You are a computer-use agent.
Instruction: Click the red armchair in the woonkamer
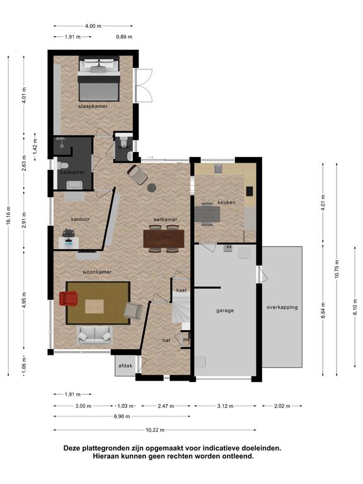coord(69,299)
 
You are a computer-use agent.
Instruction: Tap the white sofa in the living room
coord(95,335)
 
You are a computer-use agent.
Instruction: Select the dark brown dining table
coord(164,239)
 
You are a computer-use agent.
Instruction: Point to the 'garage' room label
coord(225,311)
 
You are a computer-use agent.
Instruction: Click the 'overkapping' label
coord(282,307)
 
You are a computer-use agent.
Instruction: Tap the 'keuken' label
coord(227,202)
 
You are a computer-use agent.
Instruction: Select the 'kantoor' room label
coord(80,219)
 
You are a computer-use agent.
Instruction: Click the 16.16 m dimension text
coord(8,216)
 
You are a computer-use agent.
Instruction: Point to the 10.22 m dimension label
coord(155,430)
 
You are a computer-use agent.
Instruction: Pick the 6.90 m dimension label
coord(122,417)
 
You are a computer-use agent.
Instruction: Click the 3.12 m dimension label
coord(225,406)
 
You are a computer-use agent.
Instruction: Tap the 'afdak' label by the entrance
coord(125,366)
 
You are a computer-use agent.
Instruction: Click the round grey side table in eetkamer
coord(151,188)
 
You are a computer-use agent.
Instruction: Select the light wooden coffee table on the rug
coord(95,306)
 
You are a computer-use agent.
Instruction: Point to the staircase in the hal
coord(181,310)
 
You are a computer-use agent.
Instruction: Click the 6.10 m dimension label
coord(355,307)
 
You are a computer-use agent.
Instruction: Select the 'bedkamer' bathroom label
coord(72,172)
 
